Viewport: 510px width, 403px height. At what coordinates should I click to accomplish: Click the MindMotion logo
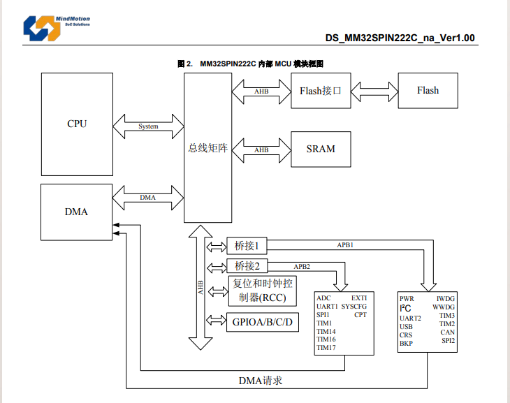click(57, 29)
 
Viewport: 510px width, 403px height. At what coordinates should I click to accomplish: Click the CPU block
click(77, 124)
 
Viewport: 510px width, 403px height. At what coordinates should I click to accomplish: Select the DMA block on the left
click(76, 212)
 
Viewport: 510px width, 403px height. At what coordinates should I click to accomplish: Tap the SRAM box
click(321, 149)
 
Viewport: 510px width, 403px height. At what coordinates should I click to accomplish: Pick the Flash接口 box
click(321, 91)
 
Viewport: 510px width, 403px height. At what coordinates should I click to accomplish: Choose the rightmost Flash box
click(428, 91)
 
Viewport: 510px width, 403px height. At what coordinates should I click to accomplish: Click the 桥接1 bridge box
click(247, 246)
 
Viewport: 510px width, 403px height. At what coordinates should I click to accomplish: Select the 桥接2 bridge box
click(247, 266)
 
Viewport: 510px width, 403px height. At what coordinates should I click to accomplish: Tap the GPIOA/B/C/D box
click(263, 322)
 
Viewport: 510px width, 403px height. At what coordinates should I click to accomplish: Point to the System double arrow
click(148, 126)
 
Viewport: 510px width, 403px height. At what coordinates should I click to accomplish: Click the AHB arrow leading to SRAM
click(261, 150)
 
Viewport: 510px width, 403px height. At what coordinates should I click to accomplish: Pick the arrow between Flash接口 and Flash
click(374, 91)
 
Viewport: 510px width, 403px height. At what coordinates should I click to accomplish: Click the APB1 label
click(345, 245)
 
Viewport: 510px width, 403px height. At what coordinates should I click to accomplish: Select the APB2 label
click(302, 267)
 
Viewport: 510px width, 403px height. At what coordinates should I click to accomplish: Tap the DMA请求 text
click(260, 381)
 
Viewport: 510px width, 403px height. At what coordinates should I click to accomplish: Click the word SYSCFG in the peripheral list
click(354, 307)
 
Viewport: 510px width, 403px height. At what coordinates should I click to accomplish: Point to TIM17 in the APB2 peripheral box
click(326, 348)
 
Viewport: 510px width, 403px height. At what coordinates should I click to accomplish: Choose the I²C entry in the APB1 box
click(405, 308)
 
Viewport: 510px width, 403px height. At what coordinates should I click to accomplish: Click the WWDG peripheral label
click(444, 307)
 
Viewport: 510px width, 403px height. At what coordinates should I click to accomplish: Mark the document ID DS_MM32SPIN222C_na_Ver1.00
click(400, 38)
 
